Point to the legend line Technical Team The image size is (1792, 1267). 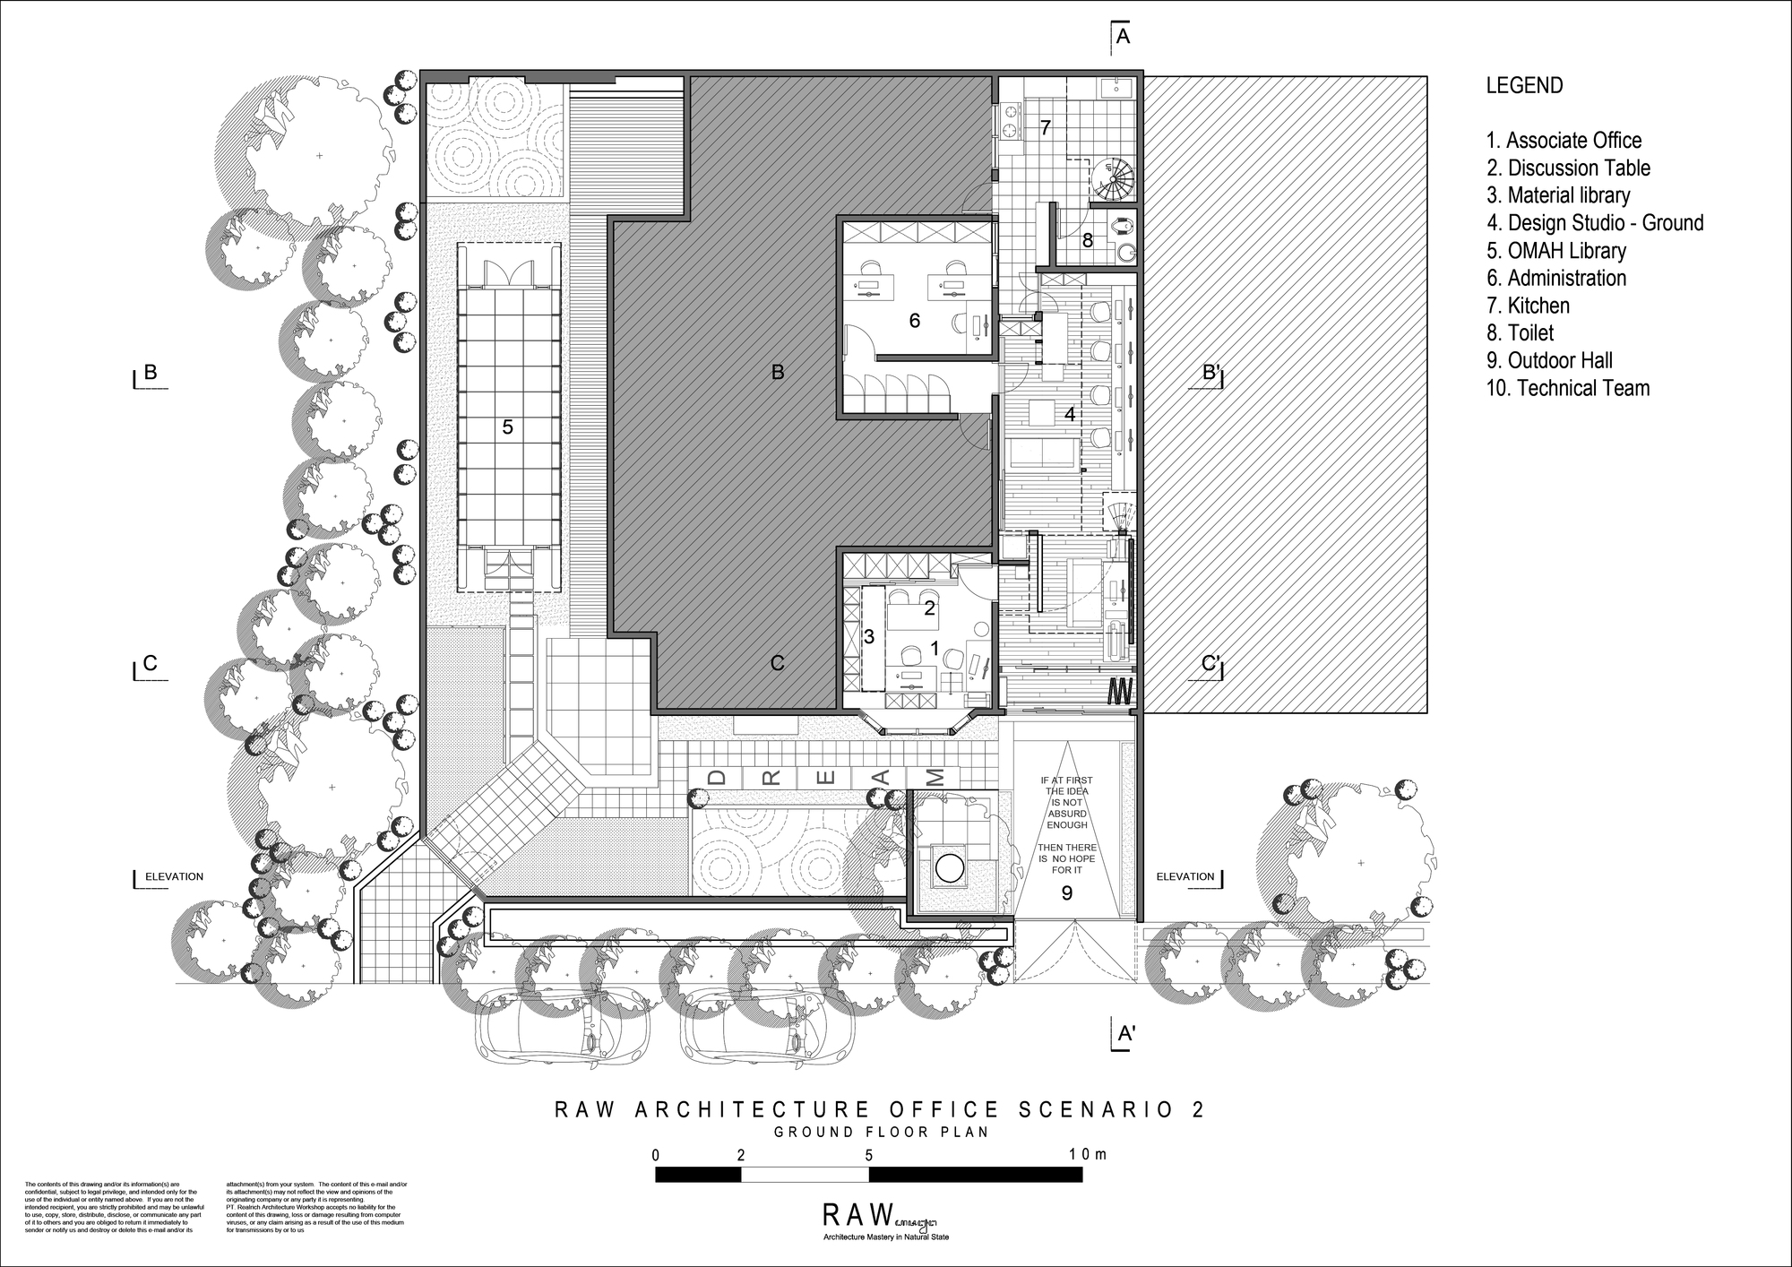click(x=1568, y=388)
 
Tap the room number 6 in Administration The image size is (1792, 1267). click(x=914, y=321)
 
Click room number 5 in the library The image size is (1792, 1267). click(x=507, y=427)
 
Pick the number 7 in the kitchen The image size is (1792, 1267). click(x=1045, y=128)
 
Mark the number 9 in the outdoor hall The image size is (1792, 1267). click(x=1066, y=892)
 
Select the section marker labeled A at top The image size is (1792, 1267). click(x=1122, y=37)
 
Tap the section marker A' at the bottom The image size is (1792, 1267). click(x=1126, y=1034)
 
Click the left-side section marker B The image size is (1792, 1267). click(x=151, y=372)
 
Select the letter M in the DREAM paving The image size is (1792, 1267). click(x=935, y=777)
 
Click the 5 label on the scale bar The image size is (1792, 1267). click(x=868, y=1155)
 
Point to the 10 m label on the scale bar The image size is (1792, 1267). click(x=1088, y=1154)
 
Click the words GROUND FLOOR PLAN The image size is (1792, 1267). click(x=882, y=1132)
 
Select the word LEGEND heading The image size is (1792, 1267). click(x=1524, y=86)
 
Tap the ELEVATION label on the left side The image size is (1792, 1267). click(x=174, y=876)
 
